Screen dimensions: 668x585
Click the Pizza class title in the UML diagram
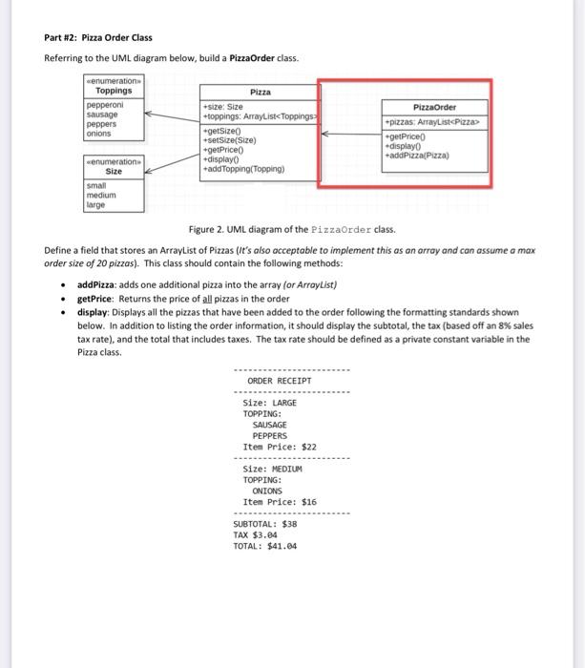[260, 93]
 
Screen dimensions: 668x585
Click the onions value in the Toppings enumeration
[99, 134]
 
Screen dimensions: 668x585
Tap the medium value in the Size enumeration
[101, 195]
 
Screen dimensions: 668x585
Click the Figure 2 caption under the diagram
[291, 230]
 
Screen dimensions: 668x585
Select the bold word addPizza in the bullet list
[97, 284]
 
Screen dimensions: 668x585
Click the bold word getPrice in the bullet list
[95, 299]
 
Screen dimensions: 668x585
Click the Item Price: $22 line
[280, 447]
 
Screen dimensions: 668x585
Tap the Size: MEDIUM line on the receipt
[273, 469]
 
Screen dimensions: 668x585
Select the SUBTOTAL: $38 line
[265, 524]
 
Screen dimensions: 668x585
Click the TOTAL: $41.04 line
[264, 547]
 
